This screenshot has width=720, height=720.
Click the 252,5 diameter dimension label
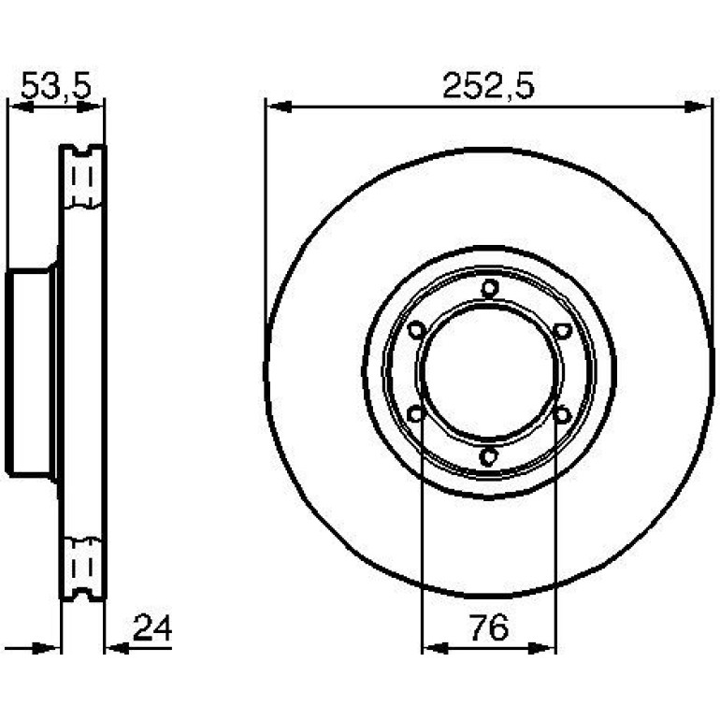point(488,86)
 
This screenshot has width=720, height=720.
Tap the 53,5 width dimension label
point(56,86)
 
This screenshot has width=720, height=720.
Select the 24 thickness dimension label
point(152,627)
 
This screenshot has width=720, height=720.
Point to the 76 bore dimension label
point(489,627)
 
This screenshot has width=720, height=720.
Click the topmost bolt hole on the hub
point(490,288)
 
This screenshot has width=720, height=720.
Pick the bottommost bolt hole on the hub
point(488,457)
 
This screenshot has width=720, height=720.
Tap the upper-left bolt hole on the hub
point(417,330)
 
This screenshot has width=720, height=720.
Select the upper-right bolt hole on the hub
point(562,331)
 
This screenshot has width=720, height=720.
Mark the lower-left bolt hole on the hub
point(416,414)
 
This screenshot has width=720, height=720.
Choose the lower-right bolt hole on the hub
point(562,414)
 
